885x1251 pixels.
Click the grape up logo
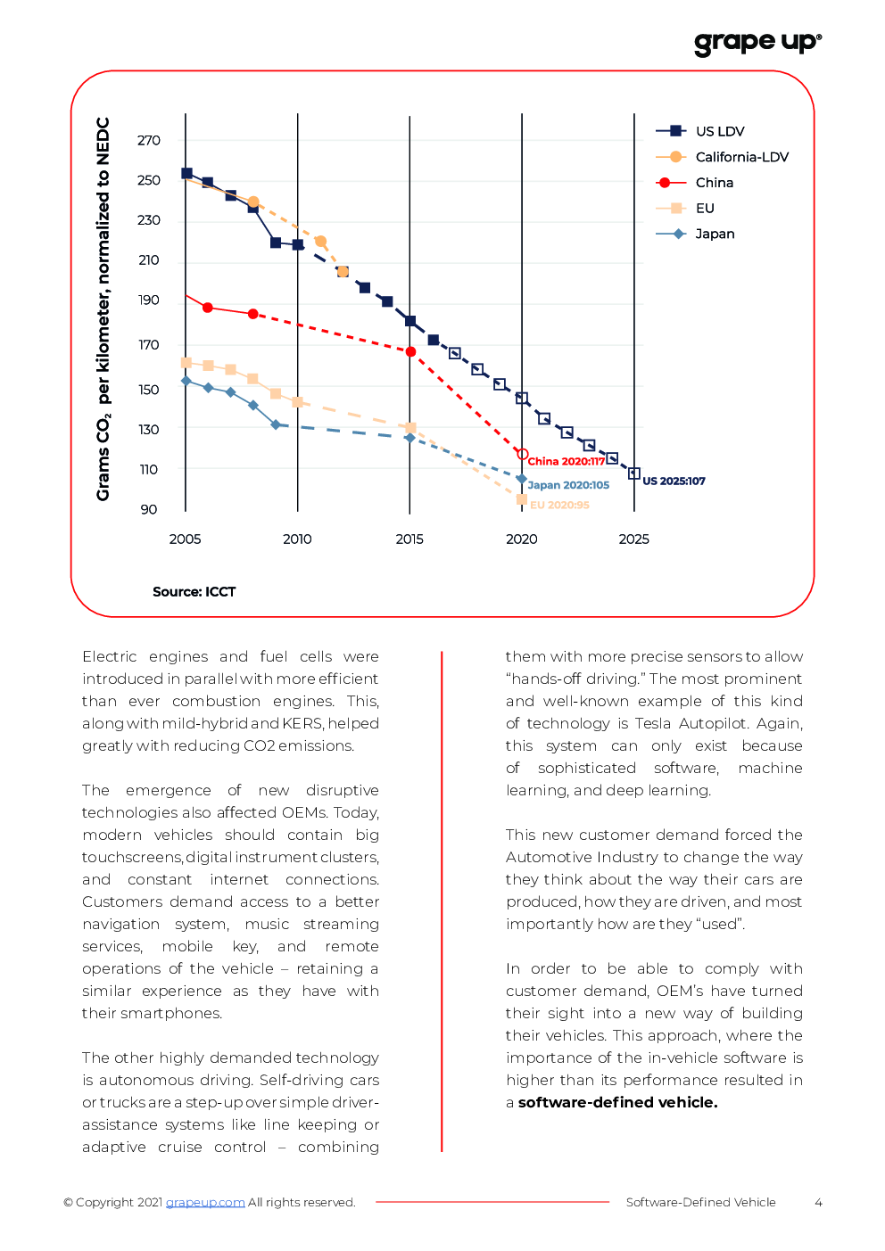[x=757, y=44]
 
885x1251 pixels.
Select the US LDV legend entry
[x=699, y=131]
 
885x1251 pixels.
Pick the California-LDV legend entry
[x=722, y=157]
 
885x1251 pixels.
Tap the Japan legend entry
[x=695, y=234]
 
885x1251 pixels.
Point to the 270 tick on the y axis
[x=149, y=140]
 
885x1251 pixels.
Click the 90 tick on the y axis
[x=149, y=509]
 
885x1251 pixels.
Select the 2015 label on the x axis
[x=409, y=539]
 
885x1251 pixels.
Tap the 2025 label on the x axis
[x=634, y=539]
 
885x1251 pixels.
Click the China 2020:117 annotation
[x=566, y=461]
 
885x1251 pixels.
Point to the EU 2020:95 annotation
[x=559, y=505]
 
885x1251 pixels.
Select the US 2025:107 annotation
[x=674, y=481]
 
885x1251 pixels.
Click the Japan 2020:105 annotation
[x=568, y=485]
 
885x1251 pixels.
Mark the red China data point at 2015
[x=410, y=352]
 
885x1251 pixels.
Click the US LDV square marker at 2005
[x=187, y=174]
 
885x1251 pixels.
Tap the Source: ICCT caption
[x=194, y=592]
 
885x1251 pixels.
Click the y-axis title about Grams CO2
[x=103, y=309]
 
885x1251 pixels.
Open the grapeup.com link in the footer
[x=205, y=1203]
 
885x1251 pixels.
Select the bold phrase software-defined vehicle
[x=617, y=1102]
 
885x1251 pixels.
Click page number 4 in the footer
[x=818, y=1203]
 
